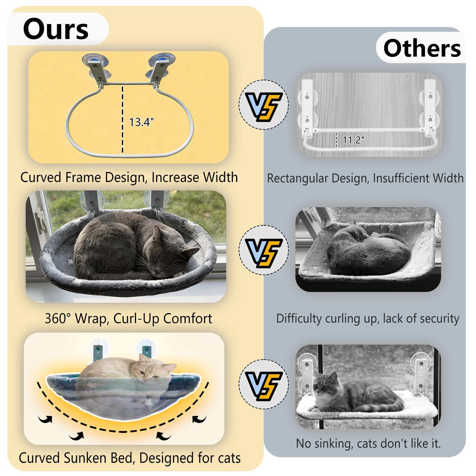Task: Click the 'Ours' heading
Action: pos(56,29)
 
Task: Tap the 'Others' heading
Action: pos(422,48)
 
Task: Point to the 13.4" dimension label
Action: pos(141,122)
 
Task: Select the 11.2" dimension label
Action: pos(353,140)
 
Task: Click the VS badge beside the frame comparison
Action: pos(264,105)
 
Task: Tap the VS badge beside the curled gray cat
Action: pos(264,250)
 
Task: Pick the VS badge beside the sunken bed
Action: pos(264,384)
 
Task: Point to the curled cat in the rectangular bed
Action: pos(368,251)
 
